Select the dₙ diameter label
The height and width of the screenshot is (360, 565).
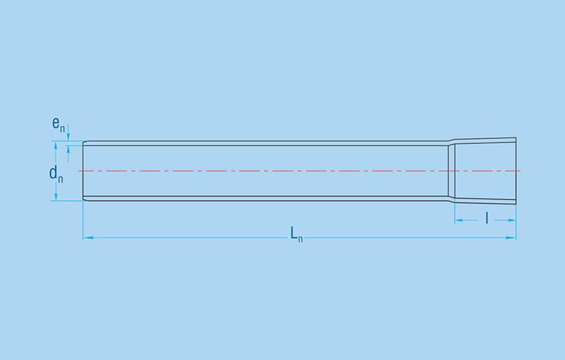pos(55,174)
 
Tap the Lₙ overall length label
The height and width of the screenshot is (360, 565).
pos(296,233)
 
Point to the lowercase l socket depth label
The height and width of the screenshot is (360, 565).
pos(487,217)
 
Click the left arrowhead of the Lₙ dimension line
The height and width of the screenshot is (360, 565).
pos(87,237)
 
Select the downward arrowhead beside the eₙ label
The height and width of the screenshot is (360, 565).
pos(68,138)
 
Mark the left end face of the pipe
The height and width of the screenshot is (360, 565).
pos(83,171)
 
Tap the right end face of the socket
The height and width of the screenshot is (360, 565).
pos(516,171)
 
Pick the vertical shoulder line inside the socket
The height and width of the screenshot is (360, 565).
pos(454,171)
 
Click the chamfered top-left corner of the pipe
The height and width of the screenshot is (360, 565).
pos(85,142)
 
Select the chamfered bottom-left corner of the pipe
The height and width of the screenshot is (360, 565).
pos(85,199)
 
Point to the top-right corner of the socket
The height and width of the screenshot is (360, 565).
pos(516,136)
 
